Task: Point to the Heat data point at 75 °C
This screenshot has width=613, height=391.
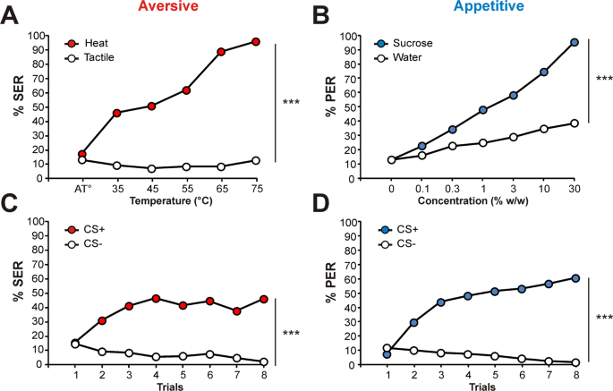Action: point(256,41)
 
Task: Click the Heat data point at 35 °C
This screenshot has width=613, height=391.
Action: point(116,113)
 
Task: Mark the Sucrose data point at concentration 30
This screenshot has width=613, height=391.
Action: point(575,42)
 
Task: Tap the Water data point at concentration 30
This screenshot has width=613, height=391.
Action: point(575,123)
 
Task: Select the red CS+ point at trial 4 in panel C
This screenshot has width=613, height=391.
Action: point(157,298)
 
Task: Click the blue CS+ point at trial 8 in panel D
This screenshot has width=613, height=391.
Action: point(575,278)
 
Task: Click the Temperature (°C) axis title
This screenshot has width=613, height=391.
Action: point(168,202)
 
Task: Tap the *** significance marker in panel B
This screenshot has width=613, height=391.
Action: point(605,79)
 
